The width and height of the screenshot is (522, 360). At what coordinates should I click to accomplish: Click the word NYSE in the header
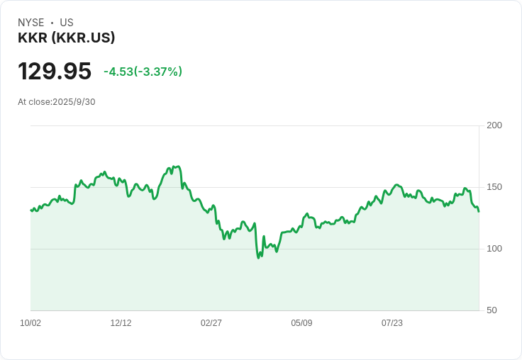point(31,23)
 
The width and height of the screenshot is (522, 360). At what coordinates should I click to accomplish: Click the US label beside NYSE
point(67,23)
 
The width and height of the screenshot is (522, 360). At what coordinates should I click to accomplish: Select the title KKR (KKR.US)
point(67,38)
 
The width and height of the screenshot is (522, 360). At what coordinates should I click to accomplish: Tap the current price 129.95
point(55,72)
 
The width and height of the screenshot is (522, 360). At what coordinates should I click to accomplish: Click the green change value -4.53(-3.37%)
point(143,72)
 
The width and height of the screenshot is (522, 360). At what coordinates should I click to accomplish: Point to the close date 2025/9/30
point(74,102)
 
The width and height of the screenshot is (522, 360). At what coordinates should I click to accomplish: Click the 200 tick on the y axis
point(494,125)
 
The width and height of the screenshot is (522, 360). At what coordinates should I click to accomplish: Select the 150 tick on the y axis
point(494,187)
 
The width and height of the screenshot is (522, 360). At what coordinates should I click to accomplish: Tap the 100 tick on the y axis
point(494,249)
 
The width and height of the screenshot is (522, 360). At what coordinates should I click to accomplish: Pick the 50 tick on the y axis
point(492,310)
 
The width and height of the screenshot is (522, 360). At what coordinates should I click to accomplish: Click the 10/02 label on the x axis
point(30,323)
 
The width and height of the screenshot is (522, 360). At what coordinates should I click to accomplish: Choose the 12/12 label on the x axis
point(121,323)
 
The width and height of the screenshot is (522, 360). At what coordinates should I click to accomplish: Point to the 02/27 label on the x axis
point(211,323)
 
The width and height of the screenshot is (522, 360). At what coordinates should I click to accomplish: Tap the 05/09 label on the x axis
point(301,323)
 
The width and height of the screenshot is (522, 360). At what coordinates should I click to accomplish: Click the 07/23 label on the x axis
point(392,323)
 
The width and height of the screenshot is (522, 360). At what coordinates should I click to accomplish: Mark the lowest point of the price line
point(259,257)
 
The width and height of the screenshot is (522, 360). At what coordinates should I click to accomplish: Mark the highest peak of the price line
point(177,166)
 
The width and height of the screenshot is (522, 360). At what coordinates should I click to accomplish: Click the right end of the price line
point(479,211)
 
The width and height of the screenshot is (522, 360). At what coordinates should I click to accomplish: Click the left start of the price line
point(30,210)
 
